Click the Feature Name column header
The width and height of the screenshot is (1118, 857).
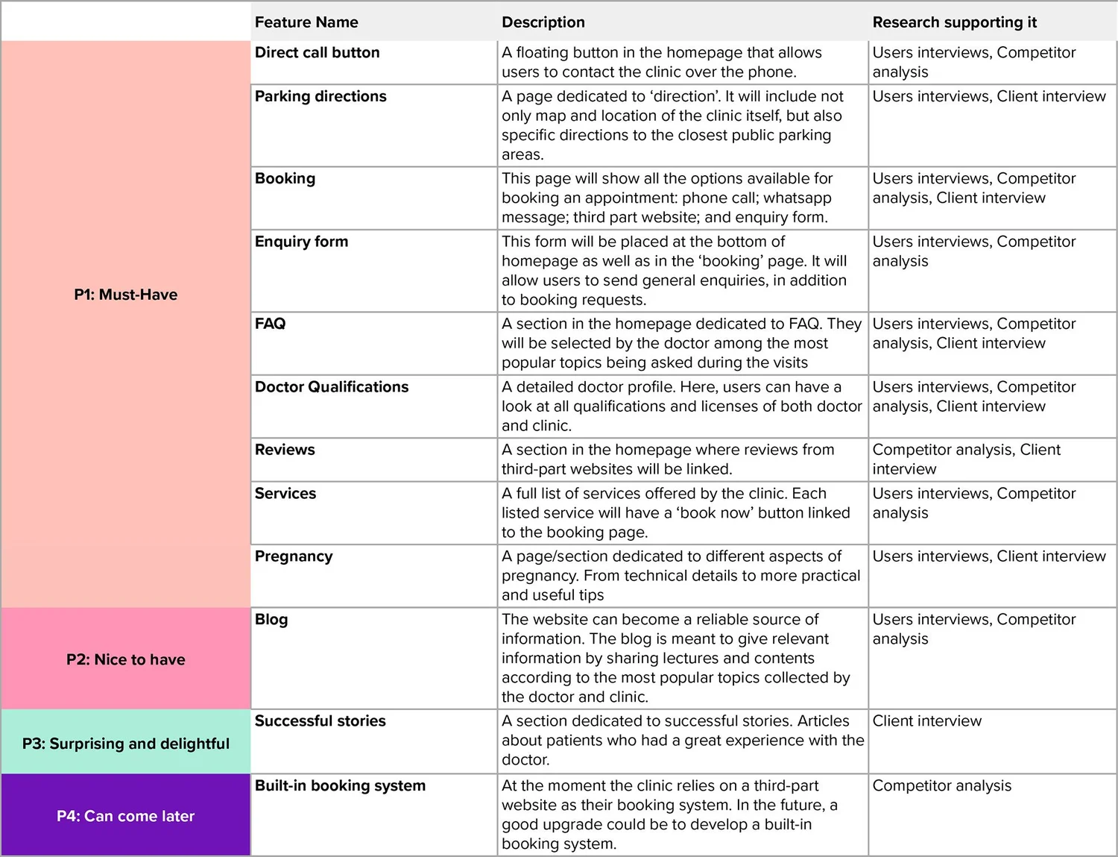(x=306, y=22)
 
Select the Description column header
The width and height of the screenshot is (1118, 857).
(x=543, y=22)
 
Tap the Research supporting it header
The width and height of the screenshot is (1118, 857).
(x=954, y=22)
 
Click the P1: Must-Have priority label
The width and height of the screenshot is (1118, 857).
(x=125, y=295)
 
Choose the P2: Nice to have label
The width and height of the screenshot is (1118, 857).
(x=125, y=659)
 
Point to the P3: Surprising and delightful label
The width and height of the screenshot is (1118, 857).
(x=125, y=744)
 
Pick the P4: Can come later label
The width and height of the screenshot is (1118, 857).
(x=125, y=816)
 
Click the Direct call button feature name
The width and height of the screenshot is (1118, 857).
(x=317, y=53)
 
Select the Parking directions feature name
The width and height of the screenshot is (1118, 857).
(x=320, y=96)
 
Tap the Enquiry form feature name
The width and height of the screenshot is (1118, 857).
(x=301, y=242)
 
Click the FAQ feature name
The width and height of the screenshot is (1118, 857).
(x=270, y=324)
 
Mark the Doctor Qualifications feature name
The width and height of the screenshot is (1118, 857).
(x=332, y=387)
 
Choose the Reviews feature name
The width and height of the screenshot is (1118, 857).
(x=285, y=450)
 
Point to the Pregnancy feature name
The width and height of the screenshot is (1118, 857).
(x=294, y=556)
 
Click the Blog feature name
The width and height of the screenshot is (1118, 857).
(x=271, y=620)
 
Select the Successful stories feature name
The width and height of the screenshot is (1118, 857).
(x=320, y=721)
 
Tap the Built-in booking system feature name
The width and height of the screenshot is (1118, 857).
(x=340, y=786)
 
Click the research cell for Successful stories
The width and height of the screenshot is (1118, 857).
(x=926, y=721)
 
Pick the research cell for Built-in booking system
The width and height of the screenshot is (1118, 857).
(x=941, y=786)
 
